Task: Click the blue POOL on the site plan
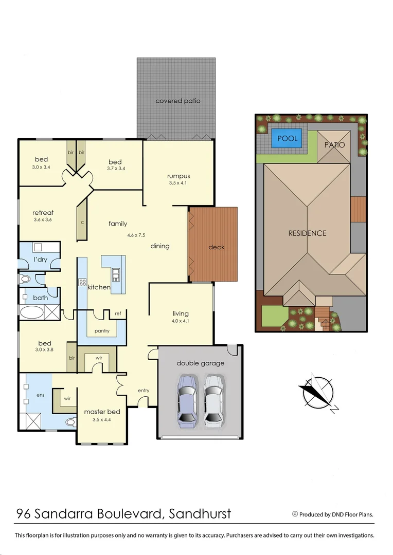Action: coord(287,139)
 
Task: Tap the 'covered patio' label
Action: coord(178,101)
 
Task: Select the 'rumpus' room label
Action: coord(178,176)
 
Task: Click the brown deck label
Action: coord(217,247)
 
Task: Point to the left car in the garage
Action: coord(187,401)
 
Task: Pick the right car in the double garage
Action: coord(214,401)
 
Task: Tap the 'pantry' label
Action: coord(102,331)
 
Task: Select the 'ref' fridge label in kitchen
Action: coord(118,313)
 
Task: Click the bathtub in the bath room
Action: coord(32,312)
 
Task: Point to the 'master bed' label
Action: coord(102,412)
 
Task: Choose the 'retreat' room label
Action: coord(43,213)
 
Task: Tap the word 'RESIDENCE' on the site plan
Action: coord(308,233)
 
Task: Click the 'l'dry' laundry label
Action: coord(41,260)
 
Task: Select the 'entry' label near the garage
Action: coord(144,391)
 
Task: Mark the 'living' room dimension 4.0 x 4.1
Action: coord(180,321)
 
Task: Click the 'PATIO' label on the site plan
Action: coord(334,145)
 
